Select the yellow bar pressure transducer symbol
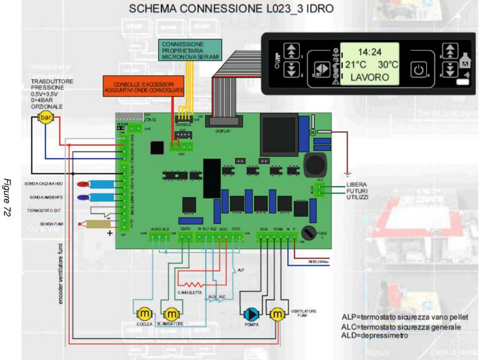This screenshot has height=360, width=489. pos(44,118)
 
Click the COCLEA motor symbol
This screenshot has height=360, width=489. pos(145,312)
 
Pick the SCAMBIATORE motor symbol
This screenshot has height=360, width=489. pos(170,312)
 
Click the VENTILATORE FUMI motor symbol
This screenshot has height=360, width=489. pos(277,313)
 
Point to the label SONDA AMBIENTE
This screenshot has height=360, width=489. pos(47,198)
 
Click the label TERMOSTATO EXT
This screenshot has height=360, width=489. pos(47,210)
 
